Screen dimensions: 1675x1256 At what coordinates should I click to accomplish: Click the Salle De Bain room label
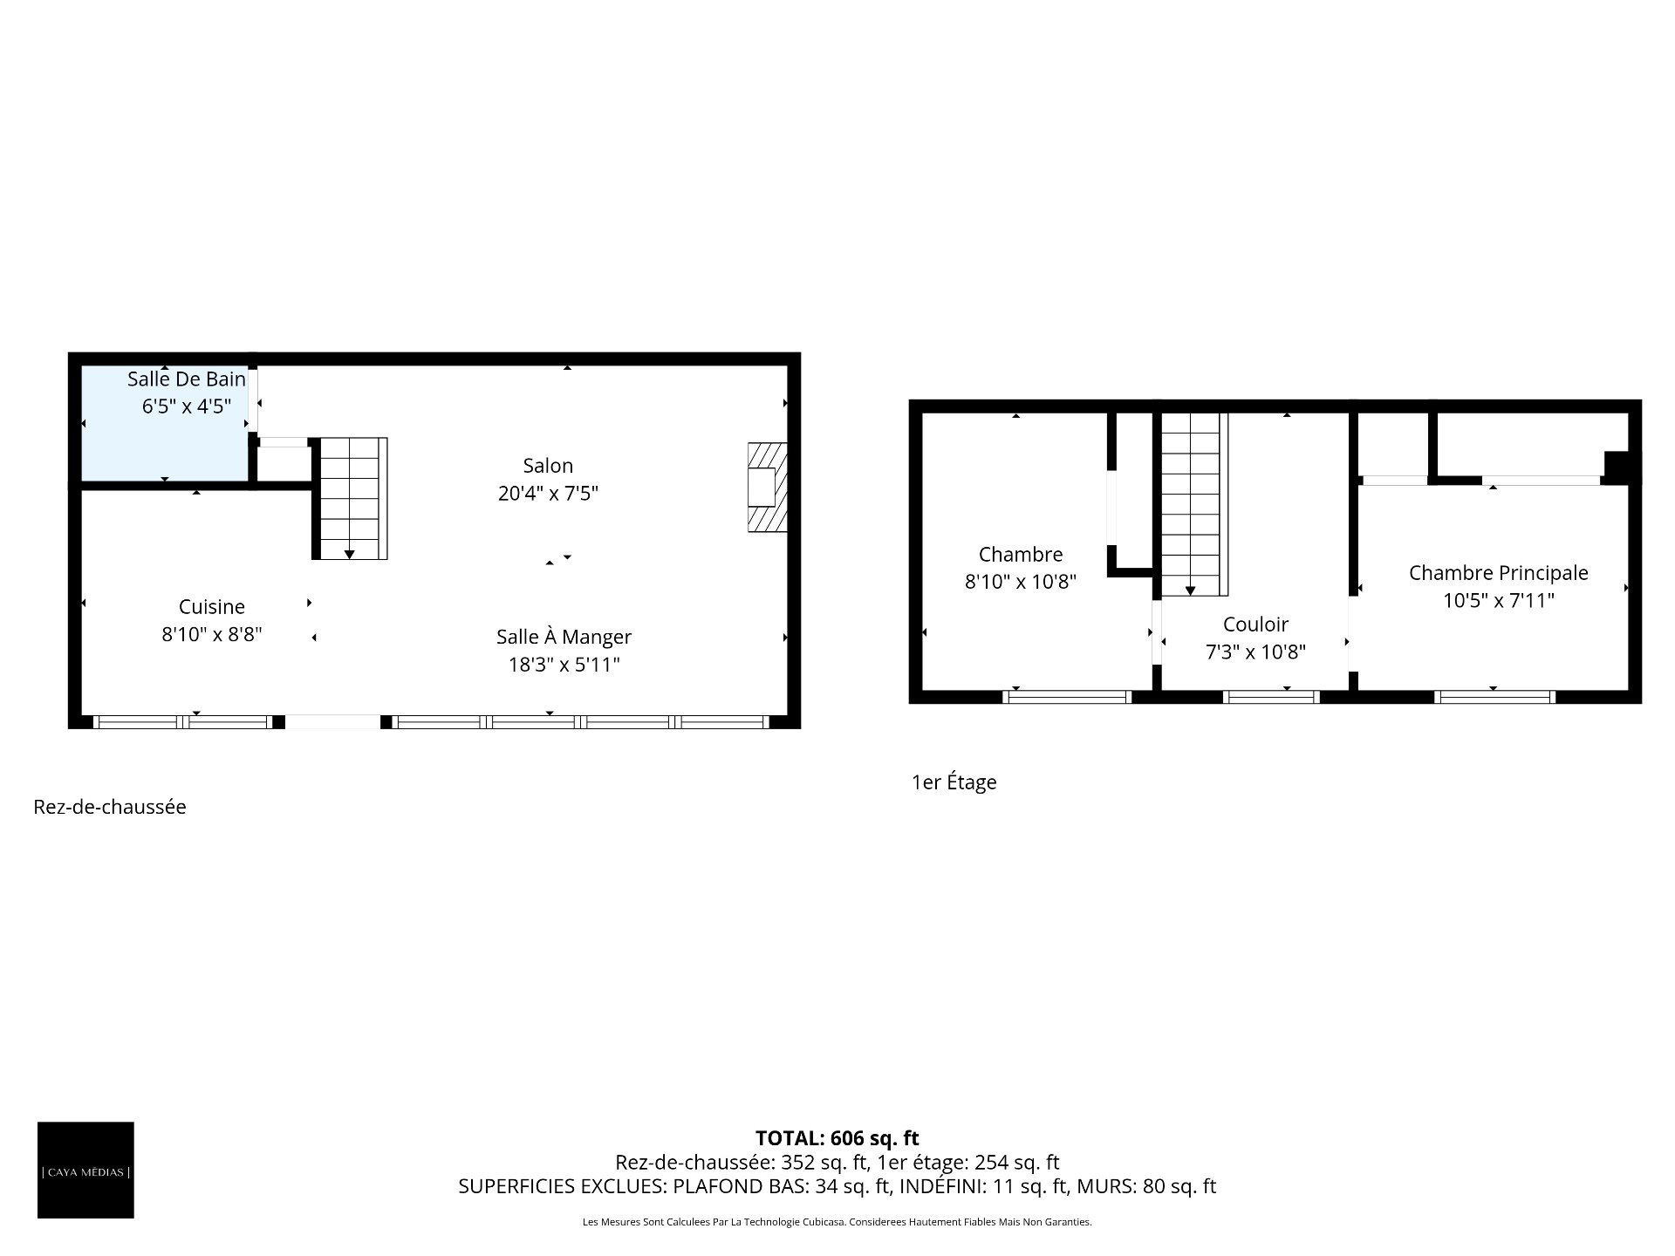point(187,379)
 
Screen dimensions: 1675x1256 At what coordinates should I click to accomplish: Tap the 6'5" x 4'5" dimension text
point(187,406)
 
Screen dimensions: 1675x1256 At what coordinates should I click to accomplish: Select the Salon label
point(548,466)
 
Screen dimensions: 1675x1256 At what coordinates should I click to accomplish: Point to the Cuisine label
point(212,607)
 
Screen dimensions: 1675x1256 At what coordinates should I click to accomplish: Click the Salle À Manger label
point(564,638)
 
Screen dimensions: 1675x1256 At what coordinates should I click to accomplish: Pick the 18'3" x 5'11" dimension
point(564,666)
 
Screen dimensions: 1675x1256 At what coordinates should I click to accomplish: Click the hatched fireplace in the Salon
point(768,488)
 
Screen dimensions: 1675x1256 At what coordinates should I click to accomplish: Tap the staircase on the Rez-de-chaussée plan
point(351,499)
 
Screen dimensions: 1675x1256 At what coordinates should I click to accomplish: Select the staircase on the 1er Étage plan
point(1194,504)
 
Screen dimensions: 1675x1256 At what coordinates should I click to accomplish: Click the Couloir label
point(1255,625)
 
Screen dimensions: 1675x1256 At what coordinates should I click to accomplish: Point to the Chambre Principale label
point(1499,573)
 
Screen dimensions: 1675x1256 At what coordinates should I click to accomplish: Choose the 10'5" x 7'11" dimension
point(1499,601)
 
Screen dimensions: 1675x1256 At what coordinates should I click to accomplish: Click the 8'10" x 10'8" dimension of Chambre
point(1021,582)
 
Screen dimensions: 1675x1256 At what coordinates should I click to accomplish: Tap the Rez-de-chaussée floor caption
point(110,808)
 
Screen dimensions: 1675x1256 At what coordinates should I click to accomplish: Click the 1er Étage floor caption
point(954,782)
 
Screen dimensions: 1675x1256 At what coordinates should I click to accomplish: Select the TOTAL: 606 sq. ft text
point(837,1138)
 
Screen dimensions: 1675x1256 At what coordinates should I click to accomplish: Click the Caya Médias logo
point(85,1170)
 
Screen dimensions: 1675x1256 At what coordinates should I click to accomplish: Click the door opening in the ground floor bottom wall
point(333,722)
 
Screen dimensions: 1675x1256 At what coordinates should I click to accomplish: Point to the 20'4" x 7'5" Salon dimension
point(548,494)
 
